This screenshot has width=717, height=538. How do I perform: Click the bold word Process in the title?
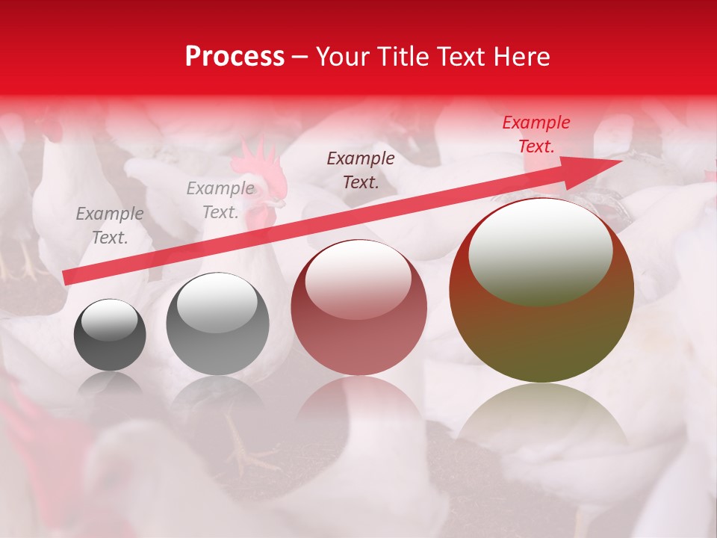click(235, 57)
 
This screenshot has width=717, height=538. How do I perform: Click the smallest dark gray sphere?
click(110, 335)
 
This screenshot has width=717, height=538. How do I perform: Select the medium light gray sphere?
click(217, 324)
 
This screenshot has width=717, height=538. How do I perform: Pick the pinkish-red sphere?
click(358, 307)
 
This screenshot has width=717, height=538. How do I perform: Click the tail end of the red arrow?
click(67, 278)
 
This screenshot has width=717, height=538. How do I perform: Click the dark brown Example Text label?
click(361, 170)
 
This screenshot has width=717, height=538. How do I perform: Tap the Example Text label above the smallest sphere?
click(110, 226)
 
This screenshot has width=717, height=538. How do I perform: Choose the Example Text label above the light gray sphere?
click(220, 200)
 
